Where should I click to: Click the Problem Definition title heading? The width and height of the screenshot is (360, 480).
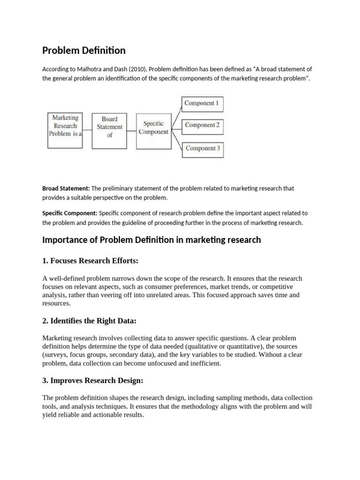(x=84, y=50)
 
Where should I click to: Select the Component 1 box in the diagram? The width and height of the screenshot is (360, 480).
(x=202, y=104)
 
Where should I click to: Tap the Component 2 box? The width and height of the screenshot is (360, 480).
(x=202, y=126)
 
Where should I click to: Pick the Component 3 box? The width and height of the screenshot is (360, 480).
(x=202, y=149)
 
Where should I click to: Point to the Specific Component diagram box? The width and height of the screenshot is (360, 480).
(x=153, y=128)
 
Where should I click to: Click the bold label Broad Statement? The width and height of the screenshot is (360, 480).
(x=66, y=188)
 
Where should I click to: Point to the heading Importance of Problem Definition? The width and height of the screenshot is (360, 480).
(x=151, y=240)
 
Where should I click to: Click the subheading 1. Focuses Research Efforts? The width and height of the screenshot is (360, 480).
(x=90, y=260)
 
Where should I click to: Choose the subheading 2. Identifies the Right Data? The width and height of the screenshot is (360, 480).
(x=89, y=321)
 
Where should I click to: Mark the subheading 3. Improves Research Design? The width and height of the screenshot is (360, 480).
(x=93, y=380)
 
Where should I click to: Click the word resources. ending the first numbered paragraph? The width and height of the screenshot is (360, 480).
(x=56, y=303)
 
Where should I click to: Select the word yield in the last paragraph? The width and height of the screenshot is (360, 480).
(x=50, y=415)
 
